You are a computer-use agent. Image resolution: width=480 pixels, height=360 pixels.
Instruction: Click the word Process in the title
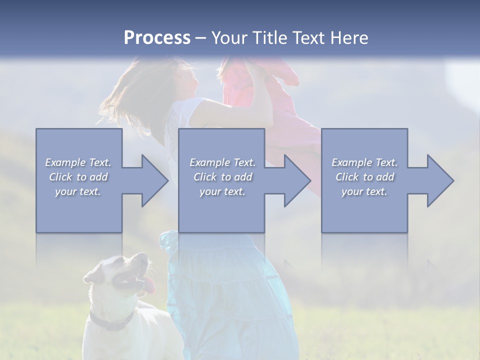tap(157, 38)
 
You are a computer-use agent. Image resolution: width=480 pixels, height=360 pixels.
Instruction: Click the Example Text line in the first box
tap(78, 162)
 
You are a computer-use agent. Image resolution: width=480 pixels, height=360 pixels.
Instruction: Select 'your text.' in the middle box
tap(222, 191)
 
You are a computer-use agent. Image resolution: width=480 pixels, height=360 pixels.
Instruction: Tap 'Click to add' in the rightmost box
tap(364, 177)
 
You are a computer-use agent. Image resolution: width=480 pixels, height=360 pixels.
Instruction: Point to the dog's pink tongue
tap(150, 286)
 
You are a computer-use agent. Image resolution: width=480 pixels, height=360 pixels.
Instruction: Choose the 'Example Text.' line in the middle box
tap(222, 162)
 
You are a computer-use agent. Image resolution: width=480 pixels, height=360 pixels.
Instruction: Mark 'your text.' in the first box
tap(78, 191)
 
